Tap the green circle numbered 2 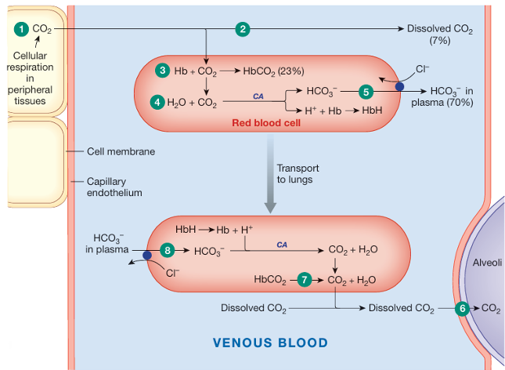coord(243,29)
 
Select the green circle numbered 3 coord(163,71)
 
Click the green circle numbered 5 coord(365,91)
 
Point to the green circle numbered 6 coord(462,308)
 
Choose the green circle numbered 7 coord(306,278)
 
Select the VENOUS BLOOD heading coord(271,343)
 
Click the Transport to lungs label coord(298,173)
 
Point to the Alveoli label coord(487,264)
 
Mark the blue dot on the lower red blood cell coord(147,255)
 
